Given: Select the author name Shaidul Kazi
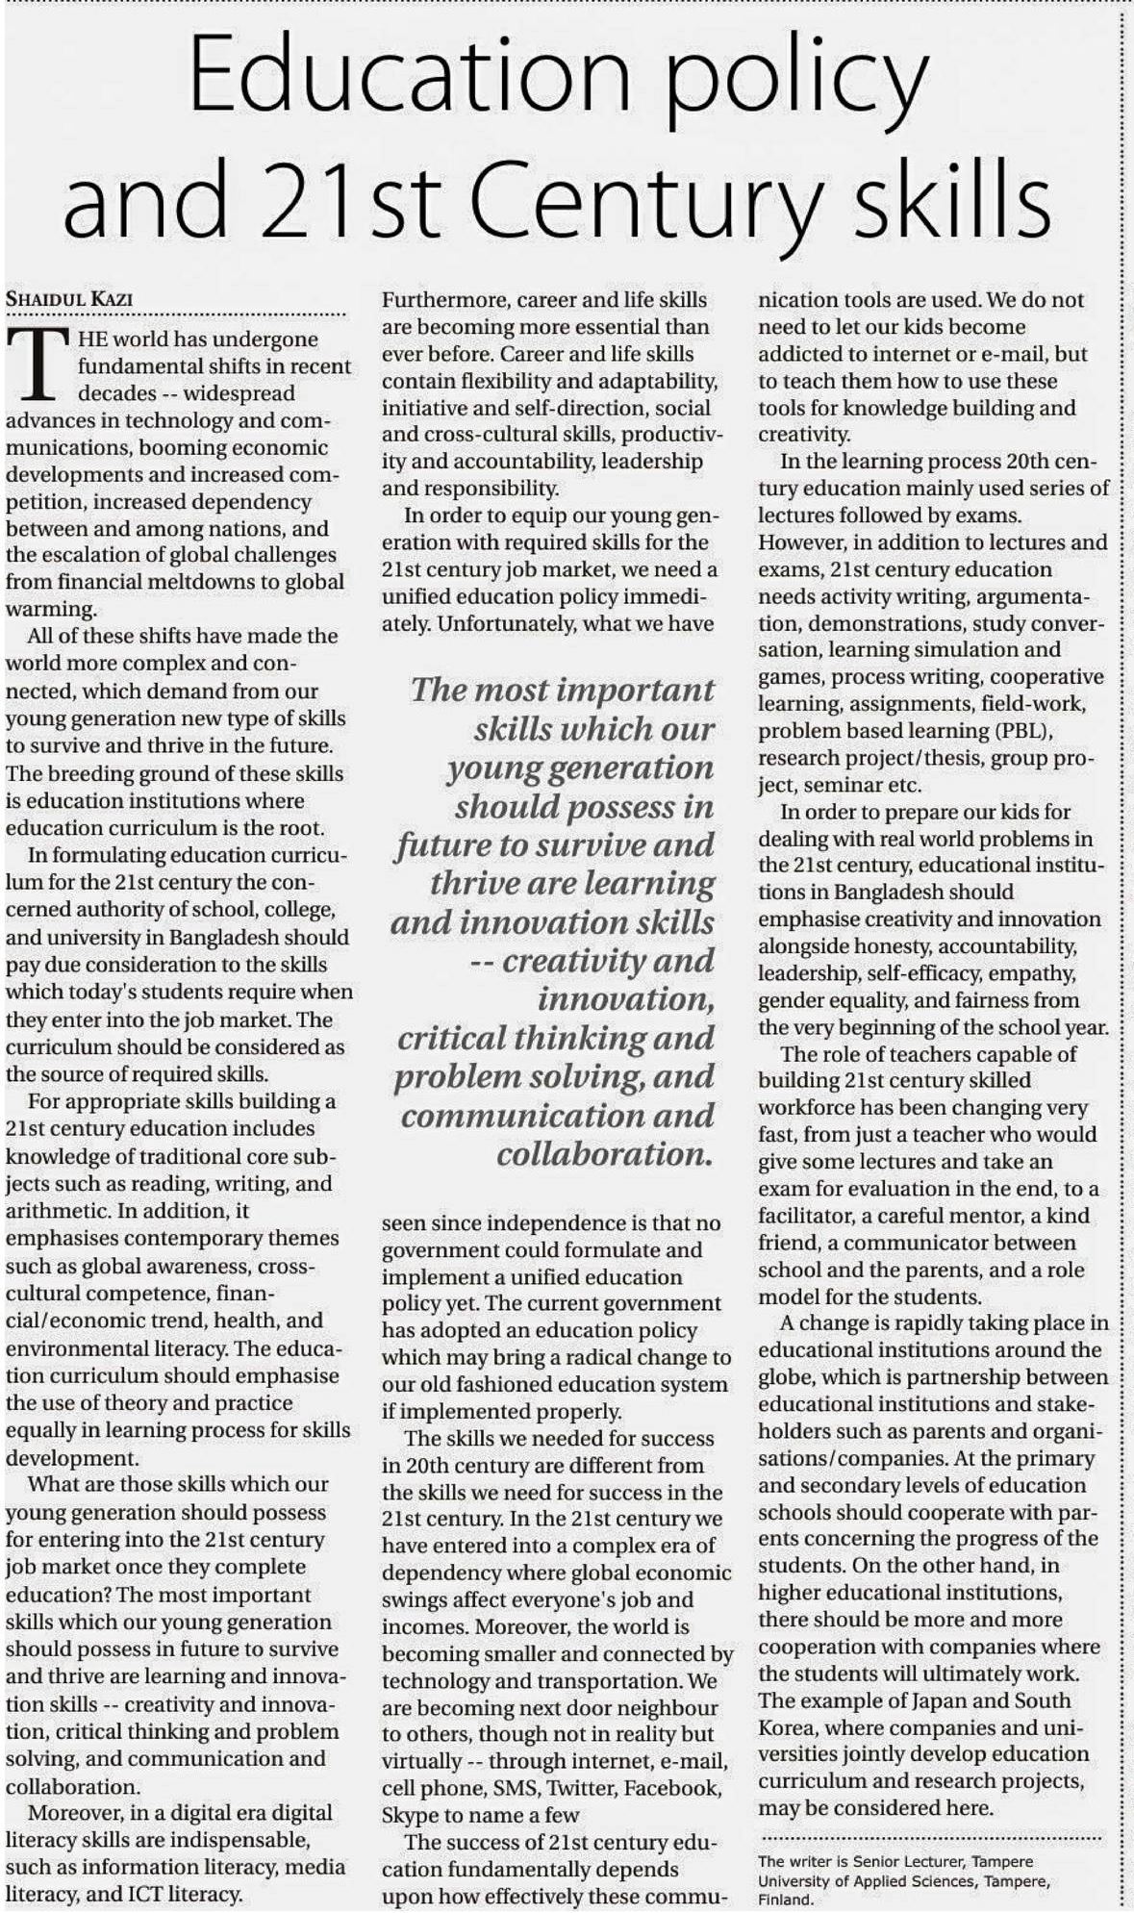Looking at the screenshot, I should [x=69, y=298].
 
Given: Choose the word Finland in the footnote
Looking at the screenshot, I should [x=786, y=1900].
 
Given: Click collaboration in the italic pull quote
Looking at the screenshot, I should [x=605, y=1154].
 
